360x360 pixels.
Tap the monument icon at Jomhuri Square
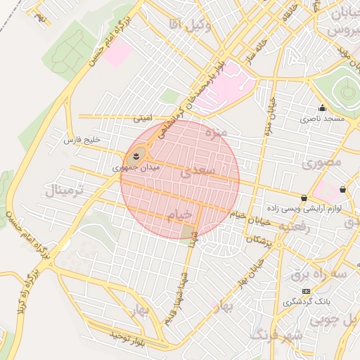(x=136, y=155)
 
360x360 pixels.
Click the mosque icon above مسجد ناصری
(x=322, y=108)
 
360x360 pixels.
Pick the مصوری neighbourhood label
(x=323, y=162)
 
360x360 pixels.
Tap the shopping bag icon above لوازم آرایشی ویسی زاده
(x=304, y=198)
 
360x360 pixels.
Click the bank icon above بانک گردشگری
(x=305, y=291)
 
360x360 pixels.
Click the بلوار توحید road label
(x=126, y=337)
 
